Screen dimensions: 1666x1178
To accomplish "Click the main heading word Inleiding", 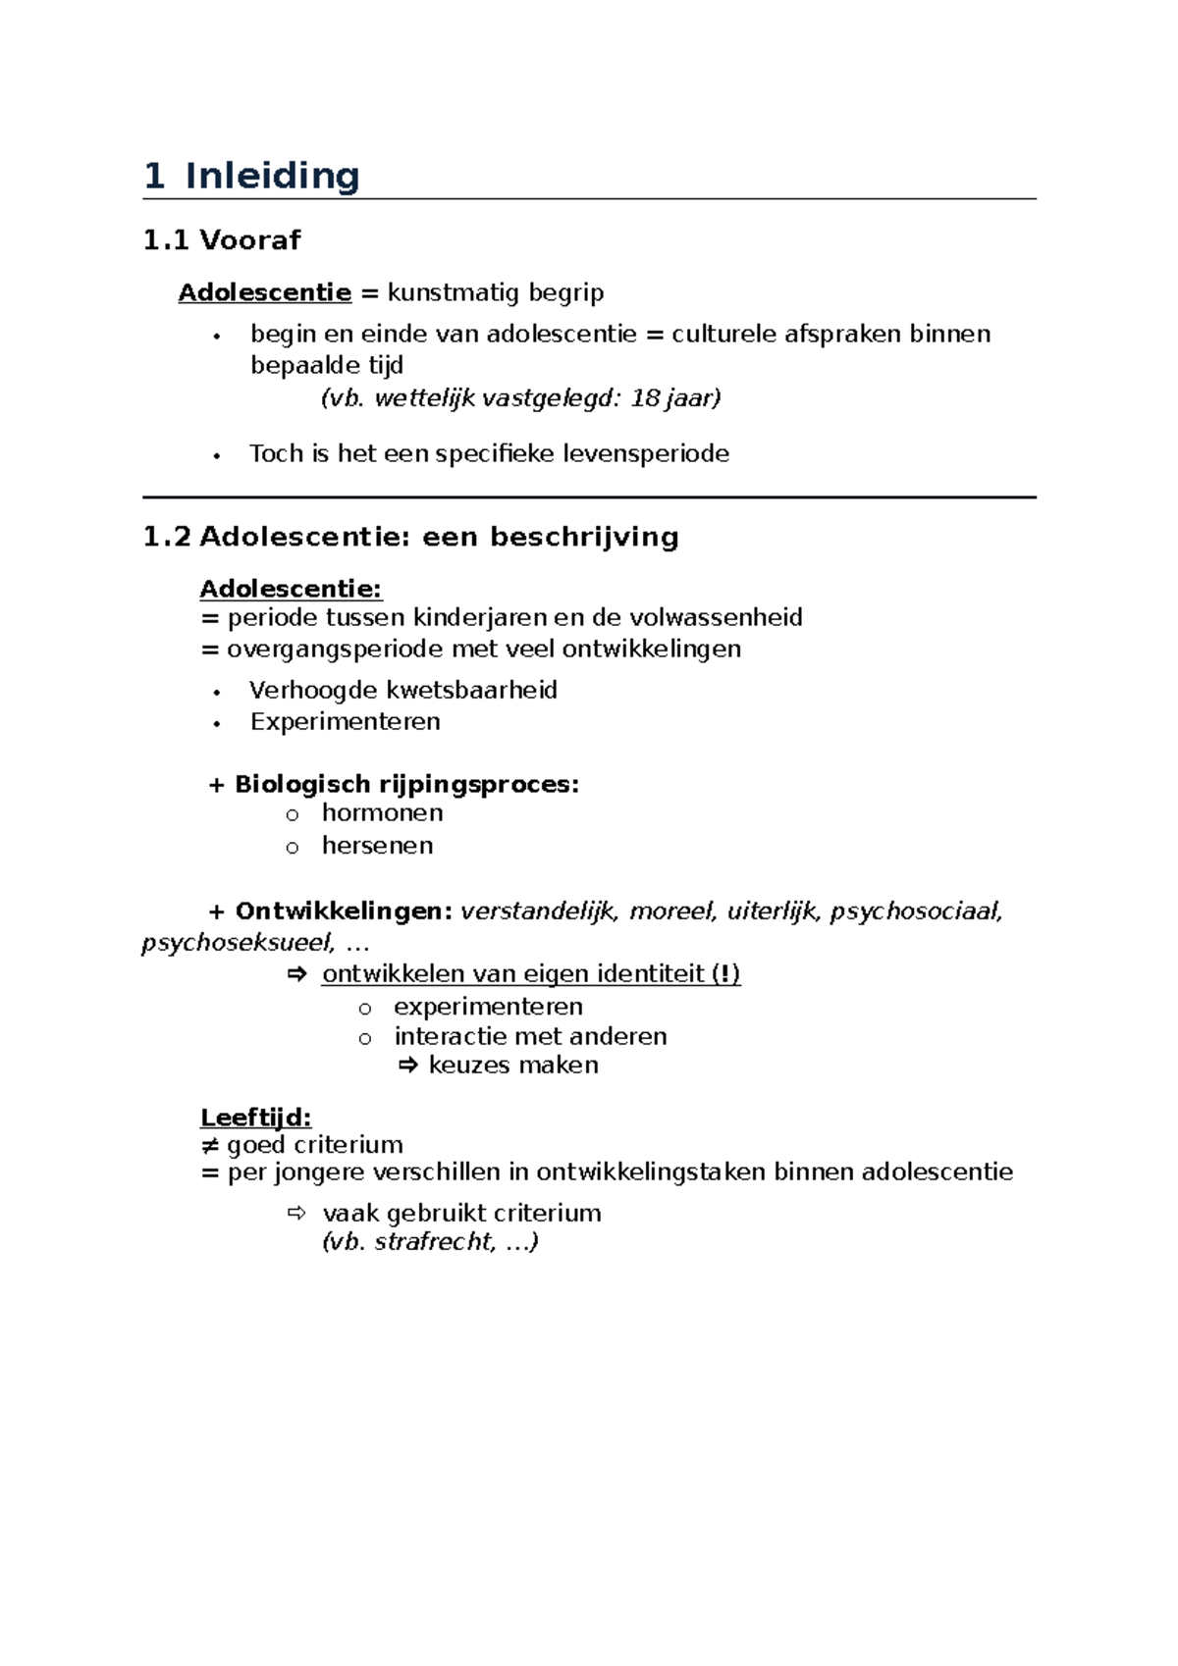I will click(272, 177).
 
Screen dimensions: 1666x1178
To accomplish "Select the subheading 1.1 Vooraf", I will click(222, 240).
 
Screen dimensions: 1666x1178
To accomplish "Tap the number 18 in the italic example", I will click(645, 398).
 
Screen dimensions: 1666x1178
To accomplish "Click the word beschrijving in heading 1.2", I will click(584, 538).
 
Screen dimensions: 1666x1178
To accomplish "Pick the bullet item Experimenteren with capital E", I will click(345, 722).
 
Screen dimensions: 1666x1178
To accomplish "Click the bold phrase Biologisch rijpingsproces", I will click(405, 785).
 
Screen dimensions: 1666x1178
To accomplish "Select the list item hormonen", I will click(382, 813).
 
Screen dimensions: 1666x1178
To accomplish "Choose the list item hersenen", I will click(377, 846).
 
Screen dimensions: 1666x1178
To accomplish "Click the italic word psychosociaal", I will click(916, 912).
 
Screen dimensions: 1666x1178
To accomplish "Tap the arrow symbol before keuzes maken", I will click(408, 1066).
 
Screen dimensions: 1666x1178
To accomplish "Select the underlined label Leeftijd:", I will click(255, 1118).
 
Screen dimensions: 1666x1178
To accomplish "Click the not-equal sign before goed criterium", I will click(209, 1146).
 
